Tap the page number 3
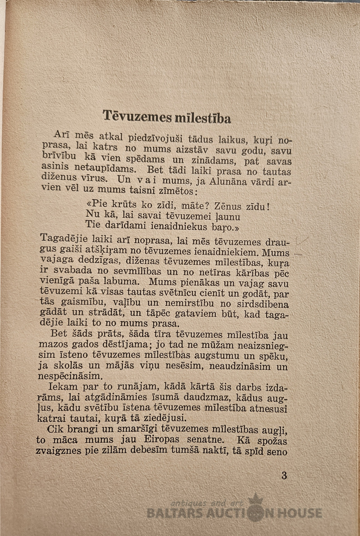pos(284,475)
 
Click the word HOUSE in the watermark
pos(299,513)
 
